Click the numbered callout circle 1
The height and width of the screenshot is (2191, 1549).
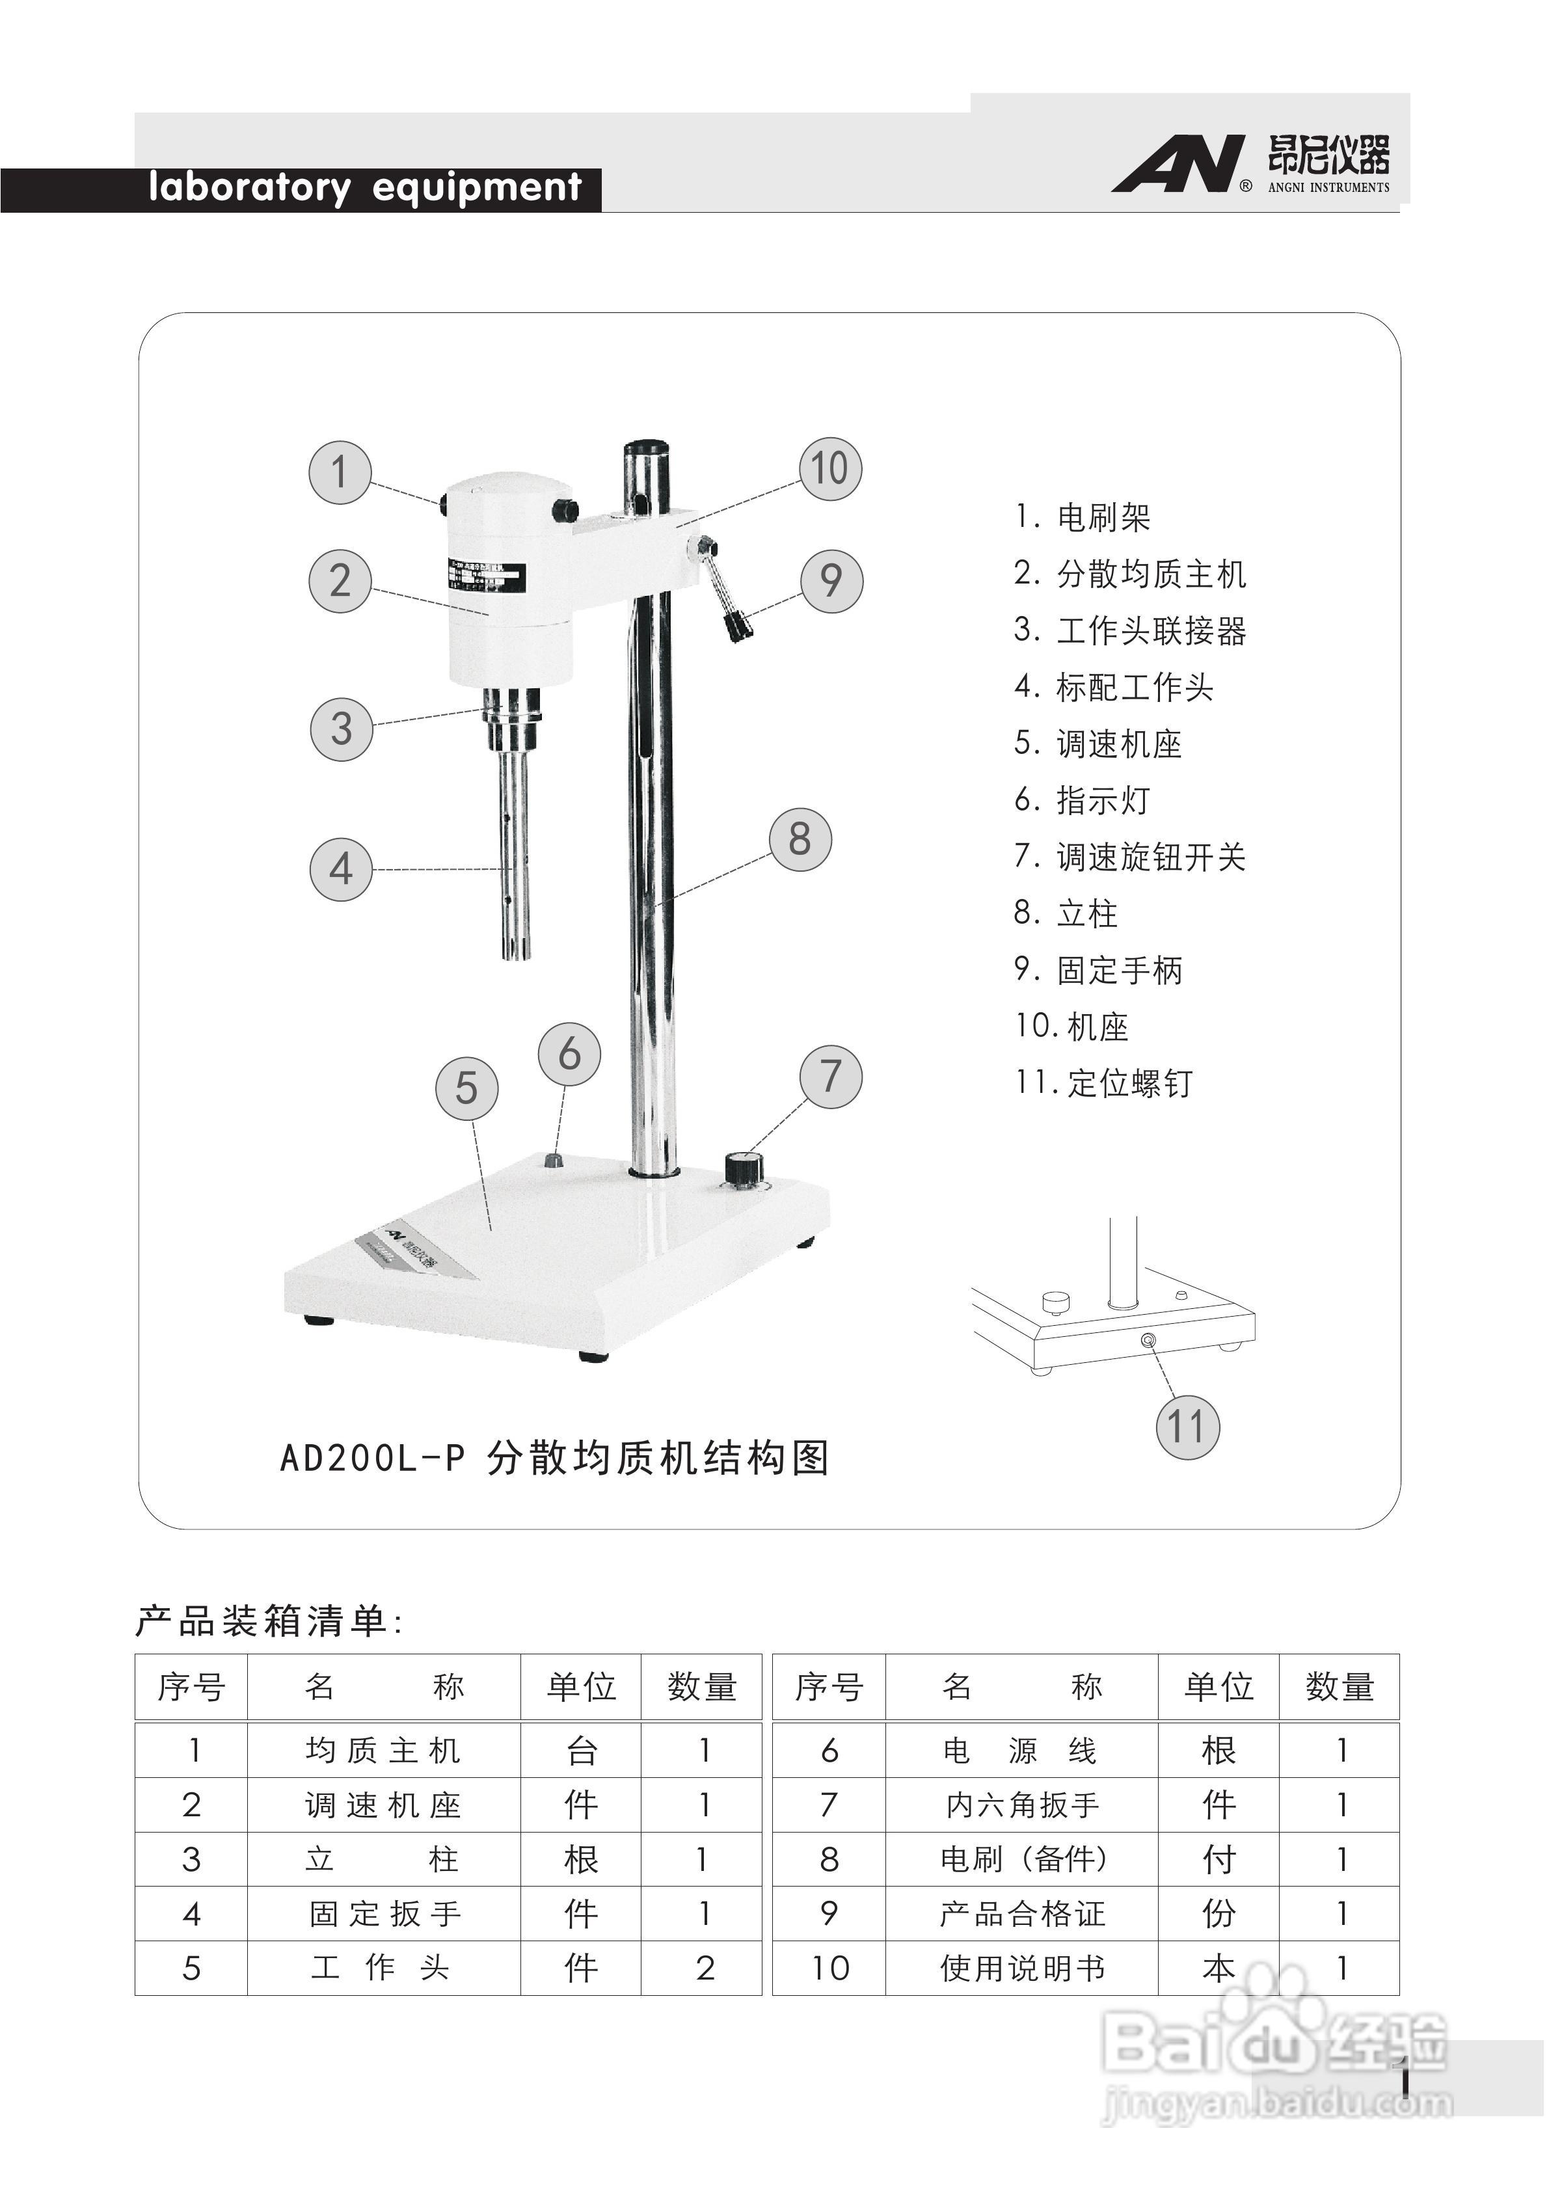340,472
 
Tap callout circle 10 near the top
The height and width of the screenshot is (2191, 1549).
829,468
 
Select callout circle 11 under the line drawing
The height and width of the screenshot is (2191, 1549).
1187,1427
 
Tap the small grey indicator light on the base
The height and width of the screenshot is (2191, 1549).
552,1161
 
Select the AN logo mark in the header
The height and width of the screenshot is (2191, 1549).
1179,164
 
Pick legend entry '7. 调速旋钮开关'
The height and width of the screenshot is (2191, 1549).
1130,857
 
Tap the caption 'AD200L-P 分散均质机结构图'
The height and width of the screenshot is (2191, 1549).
554,1458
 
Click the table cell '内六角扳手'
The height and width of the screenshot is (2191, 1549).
1022,1805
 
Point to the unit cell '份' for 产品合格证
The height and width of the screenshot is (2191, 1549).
1219,1913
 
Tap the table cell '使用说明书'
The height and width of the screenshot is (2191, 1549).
1022,1968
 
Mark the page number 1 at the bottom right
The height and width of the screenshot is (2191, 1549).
1404,2078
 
